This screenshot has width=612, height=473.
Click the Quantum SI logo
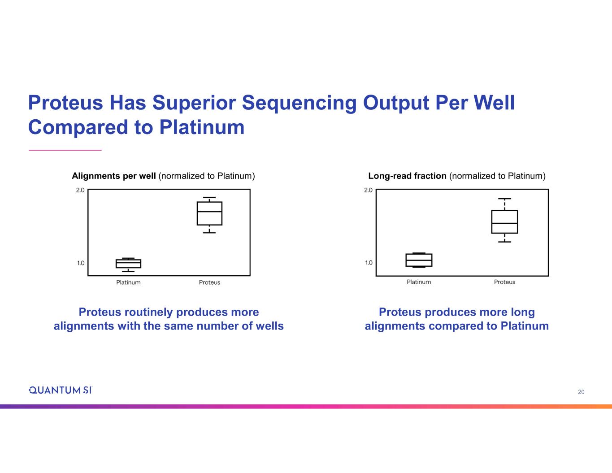tap(60, 390)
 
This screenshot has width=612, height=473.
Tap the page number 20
tap(581, 392)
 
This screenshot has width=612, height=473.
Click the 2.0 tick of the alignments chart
tap(80, 190)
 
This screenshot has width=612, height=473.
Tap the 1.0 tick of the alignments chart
tap(81, 263)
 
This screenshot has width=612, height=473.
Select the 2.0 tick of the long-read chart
tap(368, 190)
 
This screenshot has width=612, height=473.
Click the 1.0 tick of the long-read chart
tap(369, 263)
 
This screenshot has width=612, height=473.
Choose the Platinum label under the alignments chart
tap(128, 282)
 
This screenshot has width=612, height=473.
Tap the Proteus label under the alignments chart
tap(209, 282)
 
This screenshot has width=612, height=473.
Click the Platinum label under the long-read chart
tap(419, 282)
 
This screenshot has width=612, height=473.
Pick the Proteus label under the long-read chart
tap(504, 282)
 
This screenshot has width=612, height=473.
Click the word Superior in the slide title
tap(194, 103)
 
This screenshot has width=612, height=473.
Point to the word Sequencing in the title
tap(299, 103)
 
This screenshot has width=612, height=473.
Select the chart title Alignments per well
tap(114, 176)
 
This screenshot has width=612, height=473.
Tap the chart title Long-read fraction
tap(407, 176)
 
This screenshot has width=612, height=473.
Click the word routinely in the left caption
tap(148, 312)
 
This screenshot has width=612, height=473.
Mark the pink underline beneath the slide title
tap(65, 150)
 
